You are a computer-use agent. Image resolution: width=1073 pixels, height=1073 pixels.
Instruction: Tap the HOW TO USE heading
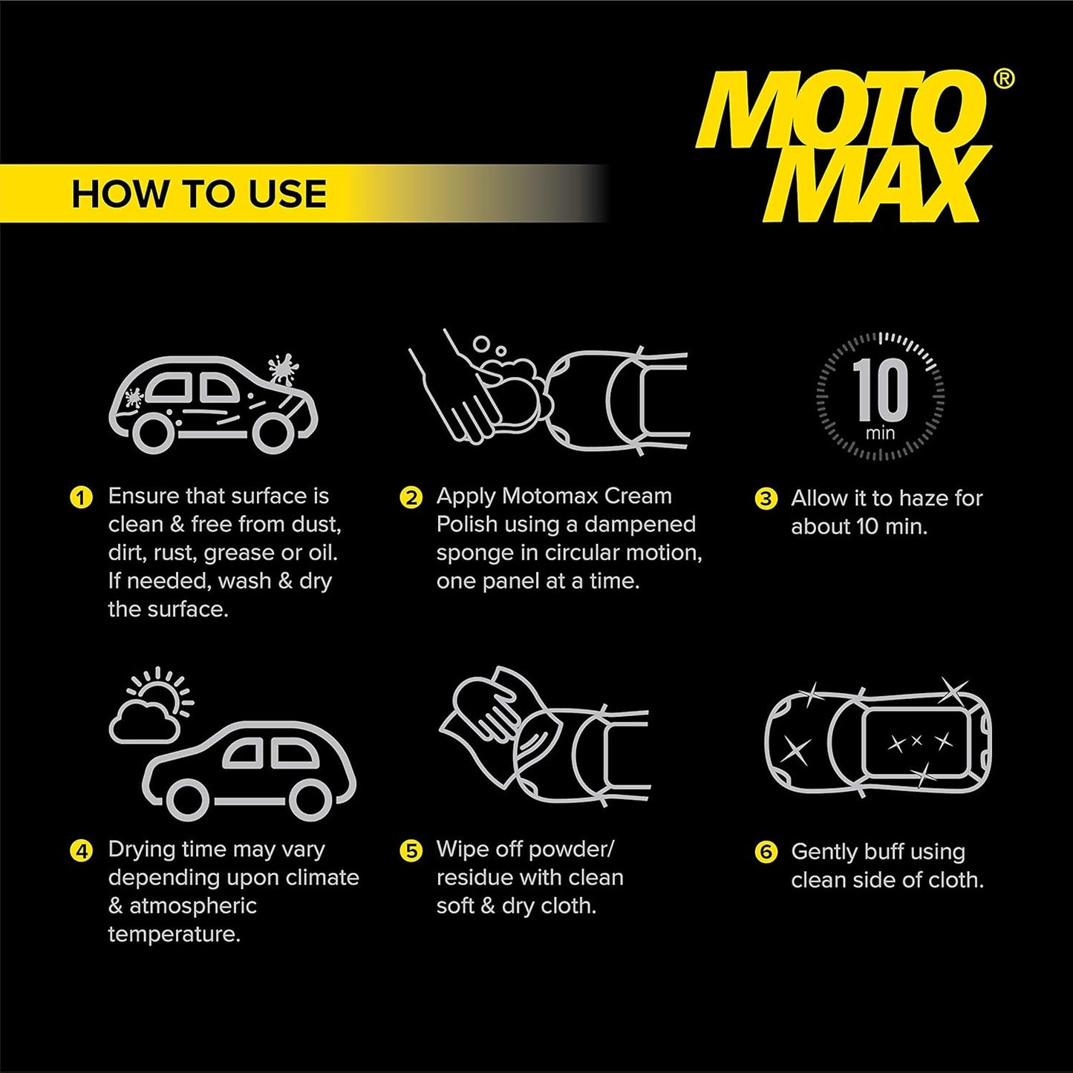tap(199, 194)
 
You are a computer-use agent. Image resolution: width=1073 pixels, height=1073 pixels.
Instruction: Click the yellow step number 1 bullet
tap(81, 497)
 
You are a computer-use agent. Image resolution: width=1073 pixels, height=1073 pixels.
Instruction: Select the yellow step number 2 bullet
tap(411, 497)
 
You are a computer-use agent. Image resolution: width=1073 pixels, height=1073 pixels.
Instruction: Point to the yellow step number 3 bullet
tap(766, 499)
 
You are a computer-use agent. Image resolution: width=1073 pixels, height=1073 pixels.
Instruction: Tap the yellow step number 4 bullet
tap(81, 850)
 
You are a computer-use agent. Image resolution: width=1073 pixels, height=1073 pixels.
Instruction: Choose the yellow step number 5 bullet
tap(411, 850)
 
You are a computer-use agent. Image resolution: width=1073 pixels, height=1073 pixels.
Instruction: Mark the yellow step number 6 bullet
tap(766, 852)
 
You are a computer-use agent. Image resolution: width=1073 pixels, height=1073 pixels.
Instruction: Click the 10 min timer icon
tap(880, 396)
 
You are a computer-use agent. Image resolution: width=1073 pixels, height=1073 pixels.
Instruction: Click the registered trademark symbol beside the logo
tap(1004, 79)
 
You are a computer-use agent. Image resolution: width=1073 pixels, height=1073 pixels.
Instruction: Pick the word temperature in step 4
tap(175, 933)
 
